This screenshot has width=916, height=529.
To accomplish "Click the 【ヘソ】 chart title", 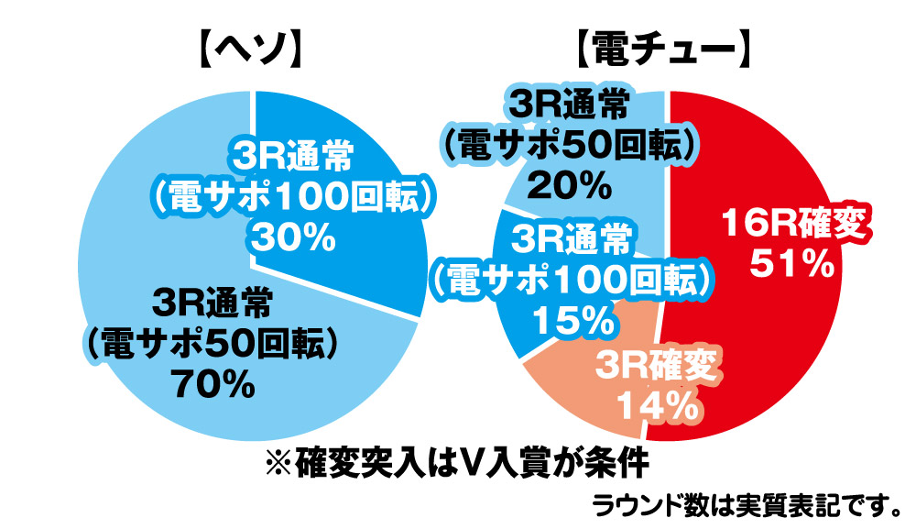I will coord(250,51).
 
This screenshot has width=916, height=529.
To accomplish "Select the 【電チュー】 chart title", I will coord(667,51).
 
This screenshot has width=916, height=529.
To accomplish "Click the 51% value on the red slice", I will coord(791,264).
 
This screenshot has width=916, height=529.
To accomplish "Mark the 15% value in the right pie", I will coord(572,319).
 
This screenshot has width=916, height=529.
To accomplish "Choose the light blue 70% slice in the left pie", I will coord(137,229).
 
